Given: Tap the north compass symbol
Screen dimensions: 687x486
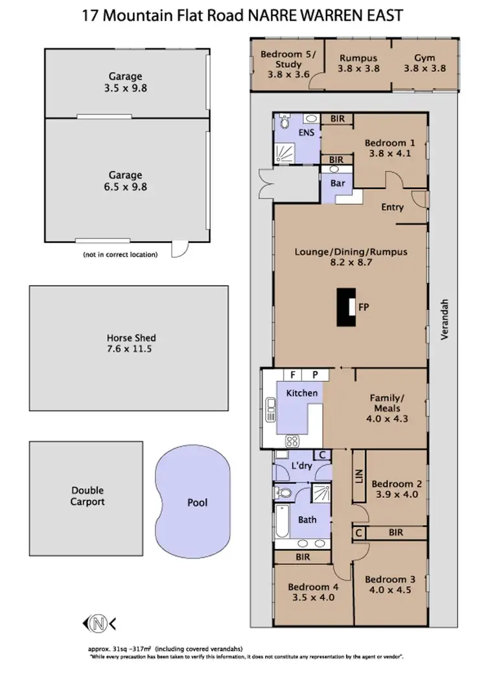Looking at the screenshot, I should click(98, 624).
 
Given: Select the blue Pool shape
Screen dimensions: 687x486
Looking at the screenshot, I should click(194, 502).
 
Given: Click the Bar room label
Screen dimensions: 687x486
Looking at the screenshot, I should click(337, 183).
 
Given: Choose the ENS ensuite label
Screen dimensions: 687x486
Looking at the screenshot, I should click(306, 133).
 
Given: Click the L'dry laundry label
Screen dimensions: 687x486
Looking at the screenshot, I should click(302, 466).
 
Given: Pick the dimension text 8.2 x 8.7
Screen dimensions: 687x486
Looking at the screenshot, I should click(351, 263).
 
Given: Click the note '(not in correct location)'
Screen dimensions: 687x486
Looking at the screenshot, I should click(120, 254).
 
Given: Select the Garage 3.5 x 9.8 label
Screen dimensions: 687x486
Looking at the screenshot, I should click(125, 82).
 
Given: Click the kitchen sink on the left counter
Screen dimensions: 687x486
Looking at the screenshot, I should click(270, 409).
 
